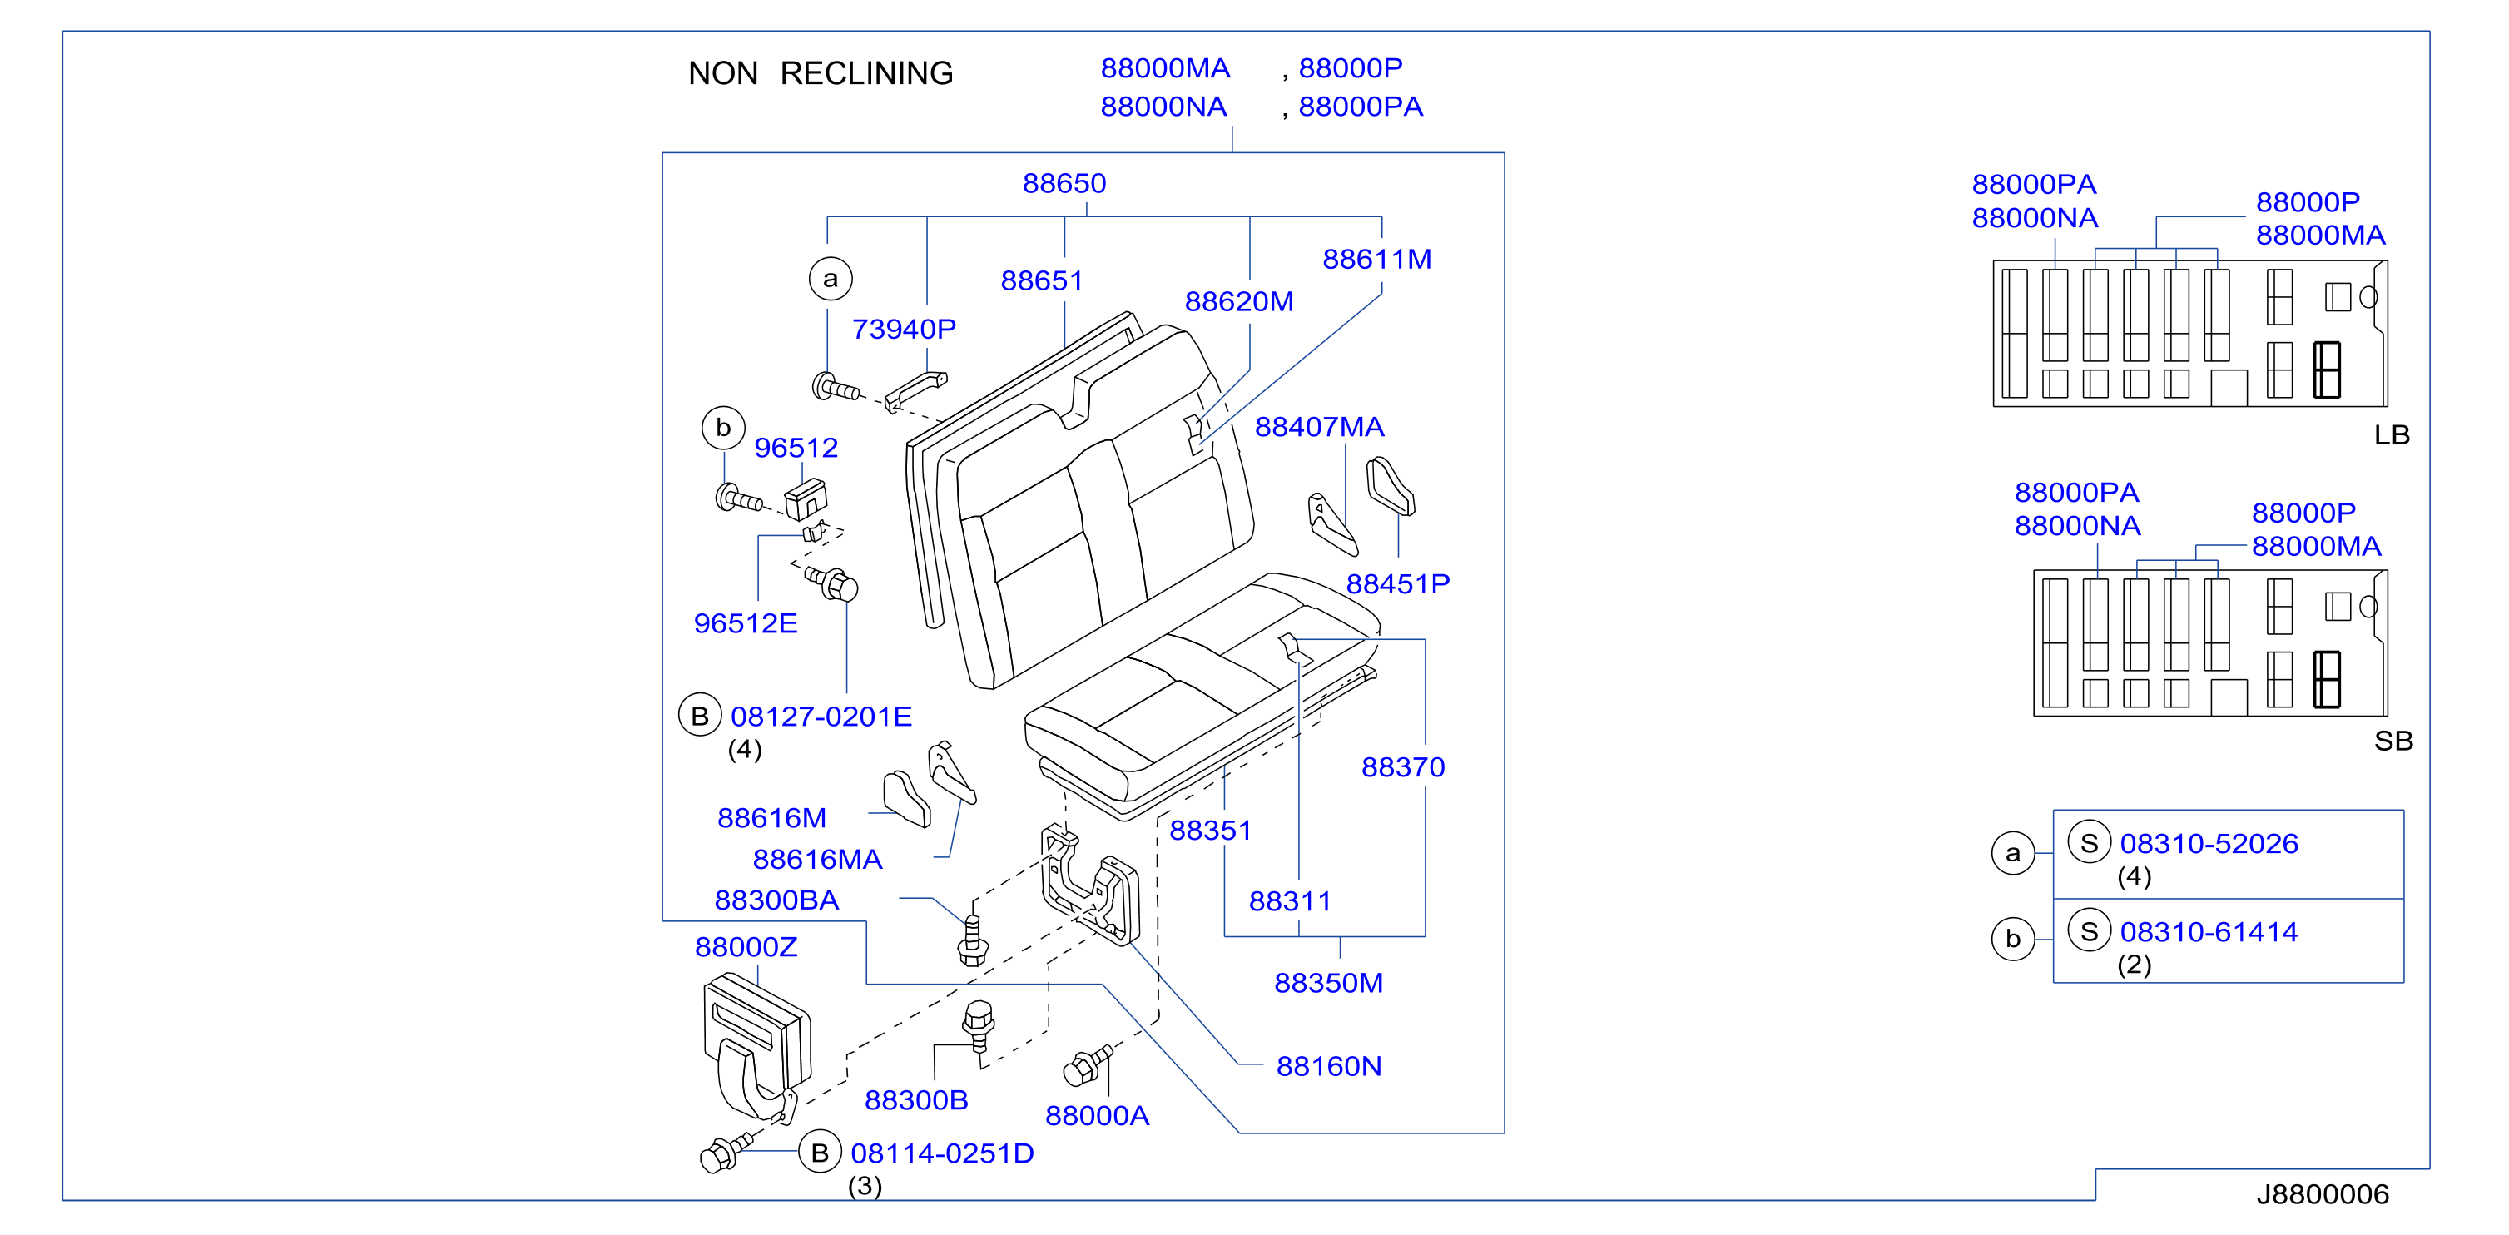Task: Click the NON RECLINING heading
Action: pos(820,73)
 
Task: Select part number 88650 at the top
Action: pos(1064,183)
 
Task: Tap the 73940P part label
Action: pos(904,330)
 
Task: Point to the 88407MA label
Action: pos(1319,427)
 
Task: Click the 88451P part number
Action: pos(1398,583)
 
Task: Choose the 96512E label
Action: pos(745,623)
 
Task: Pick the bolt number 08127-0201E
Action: pos(821,717)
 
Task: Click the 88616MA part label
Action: pos(817,859)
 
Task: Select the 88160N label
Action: pos(1328,1067)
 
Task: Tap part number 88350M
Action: pos(1328,983)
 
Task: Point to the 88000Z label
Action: pos(746,947)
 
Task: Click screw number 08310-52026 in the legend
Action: pos(2209,844)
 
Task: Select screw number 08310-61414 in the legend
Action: pos(2209,932)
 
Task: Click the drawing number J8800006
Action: pos(2323,1194)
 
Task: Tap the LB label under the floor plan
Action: pos(2392,434)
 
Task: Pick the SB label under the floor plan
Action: pos(2393,741)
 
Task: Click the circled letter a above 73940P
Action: pos(830,279)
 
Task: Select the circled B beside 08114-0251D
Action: pos(820,1153)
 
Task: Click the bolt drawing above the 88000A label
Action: pos(1087,1065)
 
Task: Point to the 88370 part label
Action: pos(1402,767)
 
